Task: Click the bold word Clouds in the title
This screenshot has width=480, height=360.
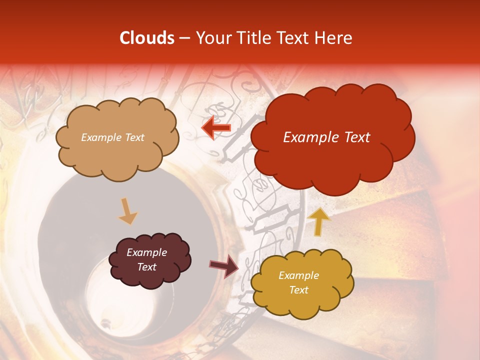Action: click(147, 38)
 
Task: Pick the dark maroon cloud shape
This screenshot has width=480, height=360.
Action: click(149, 259)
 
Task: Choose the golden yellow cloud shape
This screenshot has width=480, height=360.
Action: click(301, 282)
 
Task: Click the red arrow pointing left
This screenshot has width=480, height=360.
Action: click(216, 128)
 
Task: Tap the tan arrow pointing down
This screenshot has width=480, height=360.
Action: click(127, 211)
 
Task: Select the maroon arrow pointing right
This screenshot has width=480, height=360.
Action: click(224, 265)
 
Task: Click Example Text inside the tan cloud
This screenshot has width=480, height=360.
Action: click(112, 137)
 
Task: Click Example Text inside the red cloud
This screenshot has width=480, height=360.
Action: click(326, 137)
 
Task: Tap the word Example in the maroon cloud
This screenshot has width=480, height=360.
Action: click(146, 252)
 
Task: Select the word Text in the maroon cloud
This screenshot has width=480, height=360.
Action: click(146, 267)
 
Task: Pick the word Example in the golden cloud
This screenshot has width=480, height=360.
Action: click(298, 275)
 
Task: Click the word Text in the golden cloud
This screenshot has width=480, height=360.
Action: click(298, 290)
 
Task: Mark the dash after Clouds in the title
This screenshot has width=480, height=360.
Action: click(184, 38)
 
